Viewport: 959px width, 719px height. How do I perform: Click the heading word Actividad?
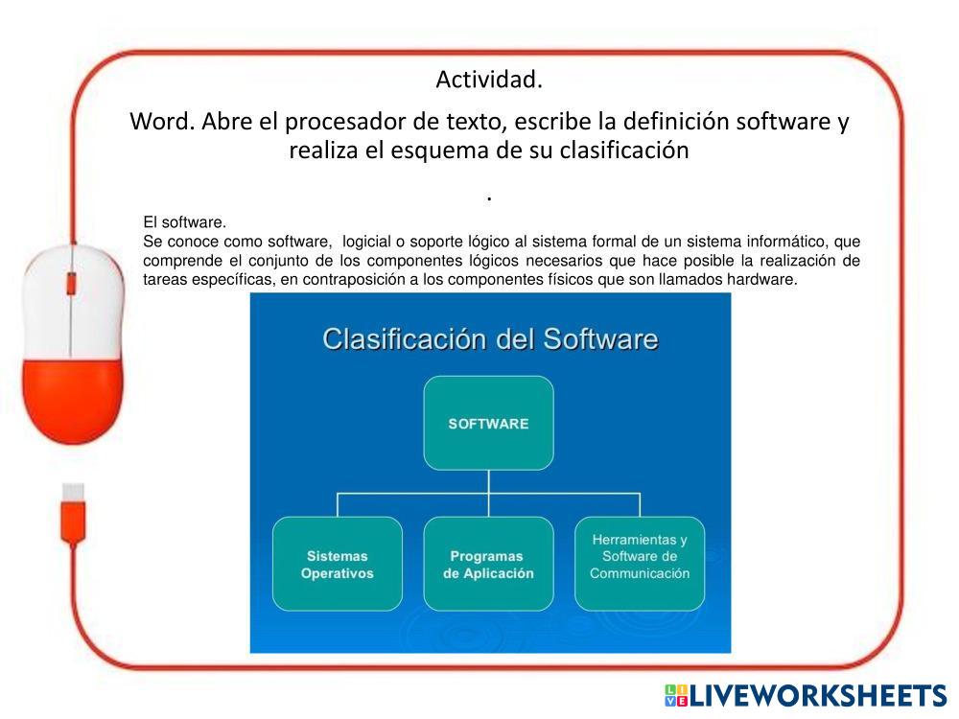tap(489, 80)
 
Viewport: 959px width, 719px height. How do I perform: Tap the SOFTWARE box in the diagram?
tap(489, 423)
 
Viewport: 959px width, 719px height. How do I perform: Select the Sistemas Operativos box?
tap(337, 564)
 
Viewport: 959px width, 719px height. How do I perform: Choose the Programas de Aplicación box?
tap(489, 564)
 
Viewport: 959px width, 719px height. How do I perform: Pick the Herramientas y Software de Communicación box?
tap(640, 564)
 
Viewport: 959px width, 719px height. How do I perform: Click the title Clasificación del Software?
tap(490, 339)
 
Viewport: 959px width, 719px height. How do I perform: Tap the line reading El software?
tap(185, 222)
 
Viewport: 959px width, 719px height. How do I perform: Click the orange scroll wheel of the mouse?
tap(71, 284)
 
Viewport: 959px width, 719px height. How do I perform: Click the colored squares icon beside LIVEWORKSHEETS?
tap(676, 696)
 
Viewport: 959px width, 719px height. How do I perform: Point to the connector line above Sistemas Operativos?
tap(338, 505)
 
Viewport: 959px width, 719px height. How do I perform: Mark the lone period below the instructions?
tap(489, 198)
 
